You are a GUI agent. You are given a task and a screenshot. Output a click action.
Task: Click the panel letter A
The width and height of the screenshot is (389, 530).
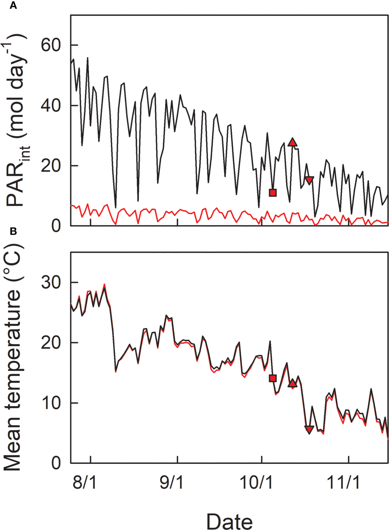pyautogui.click(x=13, y=5)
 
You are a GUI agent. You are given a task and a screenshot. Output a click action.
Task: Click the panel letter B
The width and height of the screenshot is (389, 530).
pyautogui.click(x=13, y=231)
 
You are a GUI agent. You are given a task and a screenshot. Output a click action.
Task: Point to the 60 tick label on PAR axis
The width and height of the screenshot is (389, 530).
pyautogui.click(x=51, y=45)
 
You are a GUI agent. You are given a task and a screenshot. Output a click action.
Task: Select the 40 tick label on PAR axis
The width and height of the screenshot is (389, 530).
pyautogui.click(x=51, y=106)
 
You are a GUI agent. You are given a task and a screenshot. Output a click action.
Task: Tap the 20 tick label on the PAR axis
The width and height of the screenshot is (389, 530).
pyautogui.click(x=51, y=166)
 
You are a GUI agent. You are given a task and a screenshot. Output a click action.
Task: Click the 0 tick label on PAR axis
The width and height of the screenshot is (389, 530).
pyautogui.click(x=56, y=226)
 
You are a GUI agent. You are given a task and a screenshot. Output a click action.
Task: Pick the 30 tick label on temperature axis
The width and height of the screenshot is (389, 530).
pyautogui.click(x=51, y=282)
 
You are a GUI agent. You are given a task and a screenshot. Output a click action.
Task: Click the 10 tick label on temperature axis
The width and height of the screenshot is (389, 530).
pyautogui.click(x=51, y=403)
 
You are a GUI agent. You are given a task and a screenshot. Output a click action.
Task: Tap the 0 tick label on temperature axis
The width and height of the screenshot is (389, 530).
pyautogui.click(x=56, y=463)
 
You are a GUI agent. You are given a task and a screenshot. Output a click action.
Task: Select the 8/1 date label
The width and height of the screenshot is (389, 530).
pyautogui.click(x=84, y=482)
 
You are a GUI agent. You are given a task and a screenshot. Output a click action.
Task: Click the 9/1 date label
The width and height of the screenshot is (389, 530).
pyautogui.click(x=171, y=482)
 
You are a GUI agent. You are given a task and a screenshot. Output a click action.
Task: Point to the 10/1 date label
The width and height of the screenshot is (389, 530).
pyautogui.click(x=256, y=482)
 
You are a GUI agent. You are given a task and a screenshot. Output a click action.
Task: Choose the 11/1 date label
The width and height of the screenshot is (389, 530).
pyautogui.click(x=343, y=482)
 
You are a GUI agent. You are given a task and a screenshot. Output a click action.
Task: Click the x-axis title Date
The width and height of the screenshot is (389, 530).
pyautogui.click(x=229, y=521)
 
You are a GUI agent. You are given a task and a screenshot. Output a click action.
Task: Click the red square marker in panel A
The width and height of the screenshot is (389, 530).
pyautogui.click(x=273, y=192)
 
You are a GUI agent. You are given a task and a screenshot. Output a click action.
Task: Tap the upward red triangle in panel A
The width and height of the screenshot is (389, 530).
pyautogui.click(x=292, y=142)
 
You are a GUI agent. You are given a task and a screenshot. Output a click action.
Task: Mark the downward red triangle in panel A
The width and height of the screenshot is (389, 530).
pyautogui.click(x=309, y=180)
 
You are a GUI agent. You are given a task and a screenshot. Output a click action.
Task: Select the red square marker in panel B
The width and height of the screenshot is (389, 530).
pyautogui.click(x=273, y=378)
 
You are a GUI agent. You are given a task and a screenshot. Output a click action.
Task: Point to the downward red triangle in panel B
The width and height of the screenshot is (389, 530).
pyautogui.click(x=309, y=429)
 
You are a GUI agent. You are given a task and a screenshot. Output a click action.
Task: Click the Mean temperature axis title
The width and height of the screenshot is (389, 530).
pyautogui.click(x=13, y=358)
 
